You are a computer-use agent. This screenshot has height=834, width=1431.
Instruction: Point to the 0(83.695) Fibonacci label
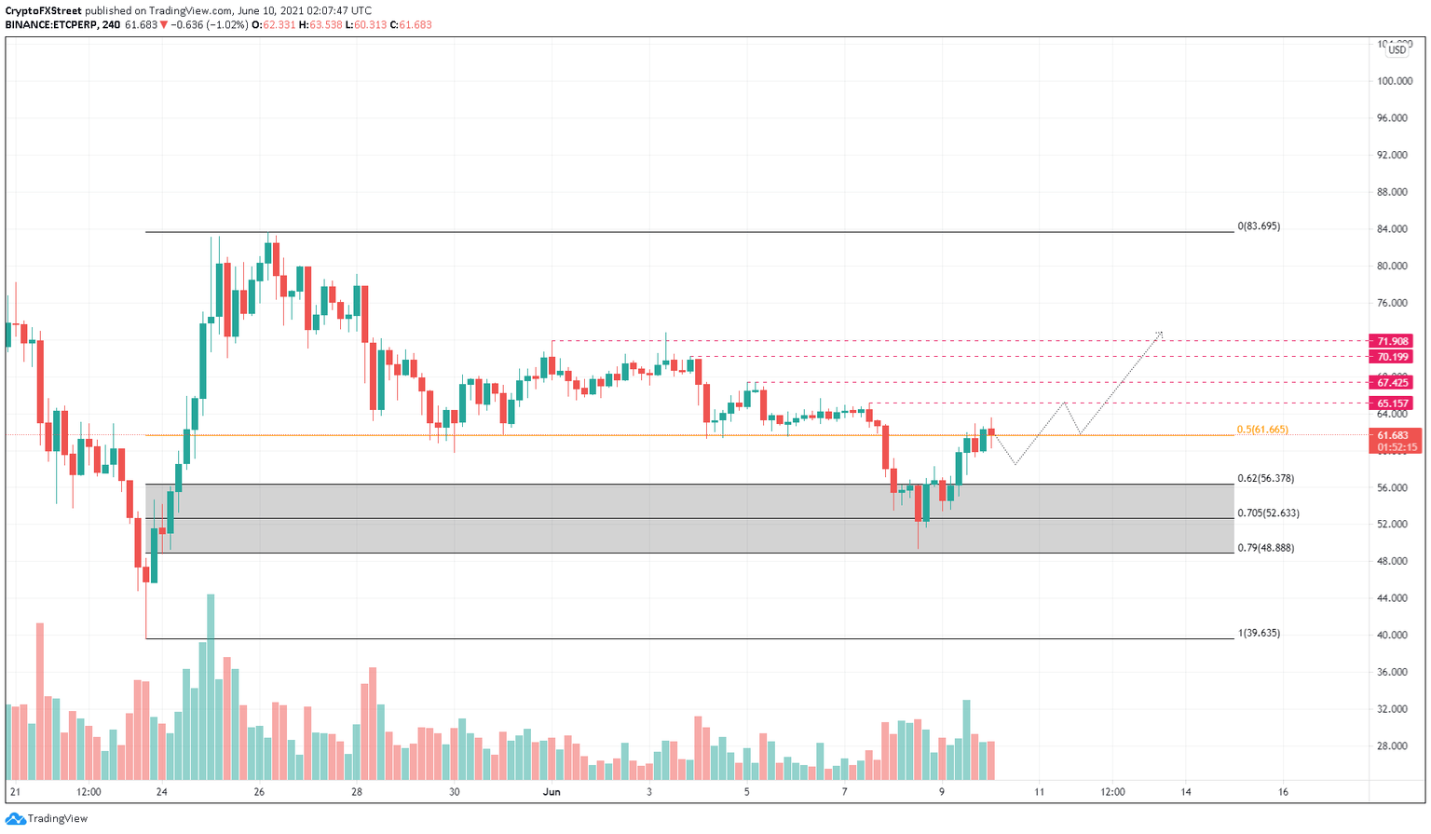[x=1258, y=226]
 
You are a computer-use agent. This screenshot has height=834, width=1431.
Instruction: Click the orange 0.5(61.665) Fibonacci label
[x=1262, y=430]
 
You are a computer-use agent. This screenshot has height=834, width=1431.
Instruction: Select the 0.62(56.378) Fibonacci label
[x=1265, y=478]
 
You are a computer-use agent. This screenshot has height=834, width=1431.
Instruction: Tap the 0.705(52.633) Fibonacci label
[x=1268, y=513]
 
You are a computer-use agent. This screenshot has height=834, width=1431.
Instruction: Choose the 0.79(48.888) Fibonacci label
[x=1265, y=548]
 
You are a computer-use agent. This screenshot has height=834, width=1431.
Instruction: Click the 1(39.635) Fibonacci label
[x=1259, y=633]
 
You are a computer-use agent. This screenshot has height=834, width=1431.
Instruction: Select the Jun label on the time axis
[x=552, y=792]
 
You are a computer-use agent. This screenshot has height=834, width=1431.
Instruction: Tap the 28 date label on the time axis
[x=357, y=792]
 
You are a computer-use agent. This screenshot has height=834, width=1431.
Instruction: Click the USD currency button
[x=1397, y=50]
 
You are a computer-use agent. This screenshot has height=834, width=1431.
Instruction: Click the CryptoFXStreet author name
[x=43, y=10]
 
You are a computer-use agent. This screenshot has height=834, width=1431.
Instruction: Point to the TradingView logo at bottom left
[x=47, y=818]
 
